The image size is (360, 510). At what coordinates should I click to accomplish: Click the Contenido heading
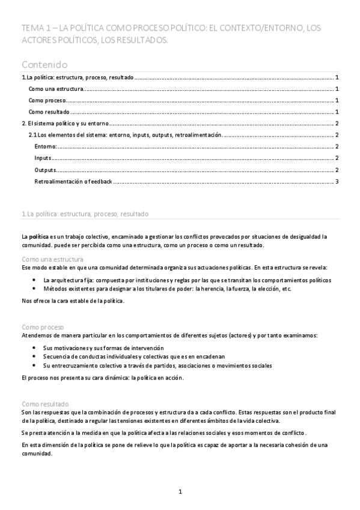coord(44,64)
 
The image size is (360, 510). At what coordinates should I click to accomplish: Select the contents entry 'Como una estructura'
coord(56,88)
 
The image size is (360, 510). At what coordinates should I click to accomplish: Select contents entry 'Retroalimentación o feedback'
coord(73,182)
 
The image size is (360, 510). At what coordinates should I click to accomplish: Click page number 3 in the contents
coord(338,182)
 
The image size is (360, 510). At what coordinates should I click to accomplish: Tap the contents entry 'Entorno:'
coord(46,147)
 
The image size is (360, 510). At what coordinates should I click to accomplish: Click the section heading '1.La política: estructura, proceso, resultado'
coord(85,214)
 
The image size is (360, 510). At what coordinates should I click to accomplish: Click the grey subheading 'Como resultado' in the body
coord(44,405)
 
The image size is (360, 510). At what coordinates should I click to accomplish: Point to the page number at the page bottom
coord(180,492)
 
